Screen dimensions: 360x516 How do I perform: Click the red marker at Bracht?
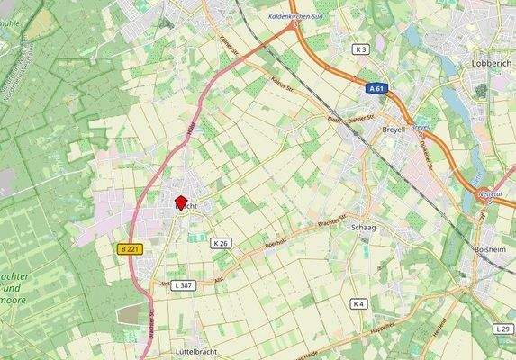(x=180, y=203)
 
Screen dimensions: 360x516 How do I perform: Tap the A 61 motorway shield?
(x=379, y=89)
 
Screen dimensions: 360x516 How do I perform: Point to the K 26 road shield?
(x=222, y=243)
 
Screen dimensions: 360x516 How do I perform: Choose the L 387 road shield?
(x=184, y=284)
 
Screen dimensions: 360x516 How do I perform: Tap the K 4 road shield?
(x=359, y=304)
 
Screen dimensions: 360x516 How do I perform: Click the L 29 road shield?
(x=502, y=330)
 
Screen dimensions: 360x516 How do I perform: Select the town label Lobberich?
(x=492, y=65)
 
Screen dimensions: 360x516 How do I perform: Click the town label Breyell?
(x=394, y=130)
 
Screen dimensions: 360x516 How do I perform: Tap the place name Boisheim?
(x=493, y=248)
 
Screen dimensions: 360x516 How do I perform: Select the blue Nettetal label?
(x=491, y=193)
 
